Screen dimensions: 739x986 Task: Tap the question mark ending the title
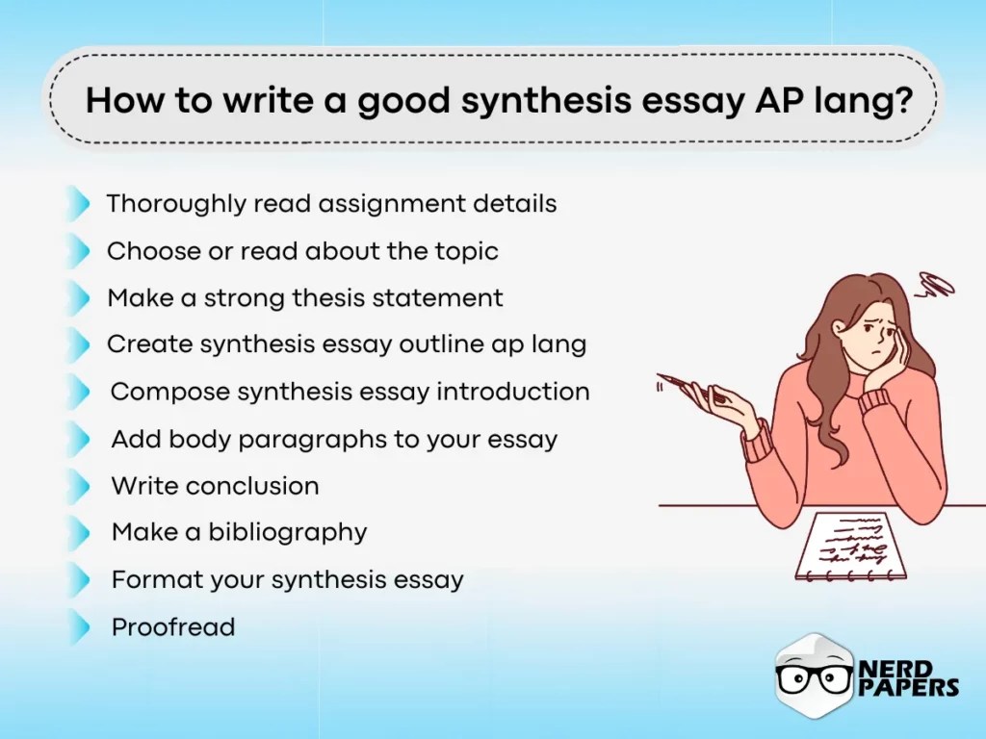click(903, 100)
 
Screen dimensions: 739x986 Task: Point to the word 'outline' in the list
click(427, 344)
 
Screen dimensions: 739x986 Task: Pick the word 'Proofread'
click(173, 627)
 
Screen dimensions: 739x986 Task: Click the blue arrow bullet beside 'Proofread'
click(79, 627)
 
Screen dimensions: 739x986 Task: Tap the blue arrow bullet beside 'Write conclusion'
click(79, 486)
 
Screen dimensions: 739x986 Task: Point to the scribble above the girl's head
click(933, 285)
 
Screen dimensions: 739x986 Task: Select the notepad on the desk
click(848, 546)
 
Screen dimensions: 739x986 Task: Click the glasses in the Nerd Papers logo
click(815, 679)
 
